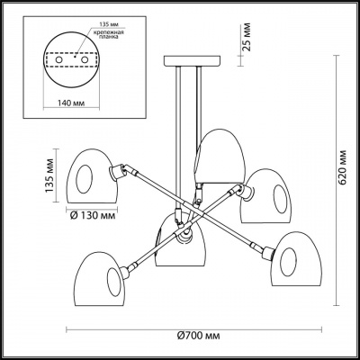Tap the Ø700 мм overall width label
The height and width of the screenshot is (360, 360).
[198, 336]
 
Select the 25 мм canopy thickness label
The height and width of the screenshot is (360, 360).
[247, 38]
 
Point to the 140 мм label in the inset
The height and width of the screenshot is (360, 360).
[71, 103]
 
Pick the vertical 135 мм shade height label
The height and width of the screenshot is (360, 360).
[49, 175]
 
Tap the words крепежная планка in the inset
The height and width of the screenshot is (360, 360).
[108, 35]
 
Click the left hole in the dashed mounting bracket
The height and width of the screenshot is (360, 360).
[58, 59]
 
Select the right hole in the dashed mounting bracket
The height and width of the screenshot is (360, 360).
[85, 59]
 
